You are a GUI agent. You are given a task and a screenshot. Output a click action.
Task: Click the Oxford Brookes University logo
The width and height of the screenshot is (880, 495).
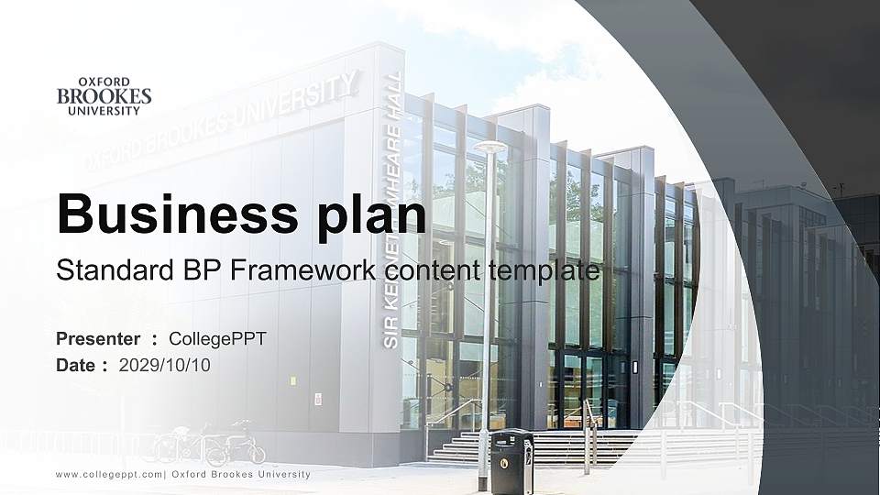point(104,96)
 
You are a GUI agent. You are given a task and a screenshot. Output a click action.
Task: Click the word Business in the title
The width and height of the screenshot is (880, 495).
point(167,214)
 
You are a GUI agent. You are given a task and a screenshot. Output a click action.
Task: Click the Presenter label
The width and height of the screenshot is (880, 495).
point(98,339)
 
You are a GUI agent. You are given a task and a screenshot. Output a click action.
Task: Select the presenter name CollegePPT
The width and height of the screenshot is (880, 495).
point(217,339)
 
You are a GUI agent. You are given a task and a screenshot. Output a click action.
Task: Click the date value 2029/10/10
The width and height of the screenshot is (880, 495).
point(164,365)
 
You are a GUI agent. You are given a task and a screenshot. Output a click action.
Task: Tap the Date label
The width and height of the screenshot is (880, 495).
point(76,365)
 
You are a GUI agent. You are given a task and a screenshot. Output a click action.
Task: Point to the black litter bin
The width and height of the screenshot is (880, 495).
point(511,460)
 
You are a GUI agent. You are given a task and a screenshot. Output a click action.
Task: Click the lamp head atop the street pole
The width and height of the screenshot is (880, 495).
point(489,147)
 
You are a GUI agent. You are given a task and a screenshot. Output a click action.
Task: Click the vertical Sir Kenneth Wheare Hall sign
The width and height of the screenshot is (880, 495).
point(393,211)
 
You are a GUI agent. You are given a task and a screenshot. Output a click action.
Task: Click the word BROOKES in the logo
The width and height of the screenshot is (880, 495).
point(104,96)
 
